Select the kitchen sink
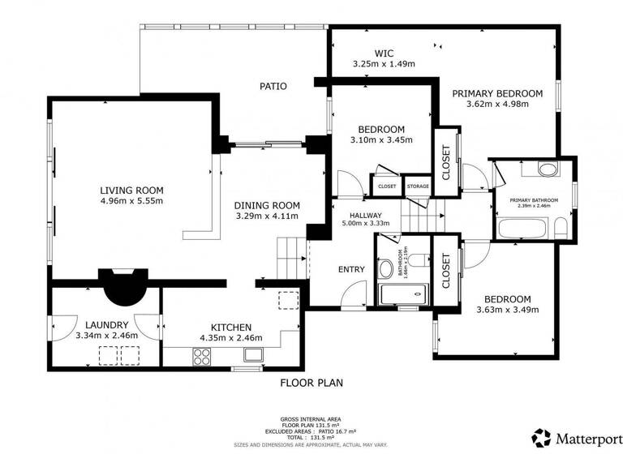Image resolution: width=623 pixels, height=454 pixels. coord(254,353)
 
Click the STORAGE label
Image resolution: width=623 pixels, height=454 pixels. coord(418,186)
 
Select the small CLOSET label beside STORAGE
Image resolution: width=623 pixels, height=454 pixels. coord(387,186)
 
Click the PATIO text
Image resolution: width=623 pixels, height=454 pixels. coord(273,86)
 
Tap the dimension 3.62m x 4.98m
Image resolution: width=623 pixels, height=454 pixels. coord(504,104)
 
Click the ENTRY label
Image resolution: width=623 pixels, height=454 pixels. coord(351,269)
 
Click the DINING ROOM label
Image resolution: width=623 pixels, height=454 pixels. coord(267,205)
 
